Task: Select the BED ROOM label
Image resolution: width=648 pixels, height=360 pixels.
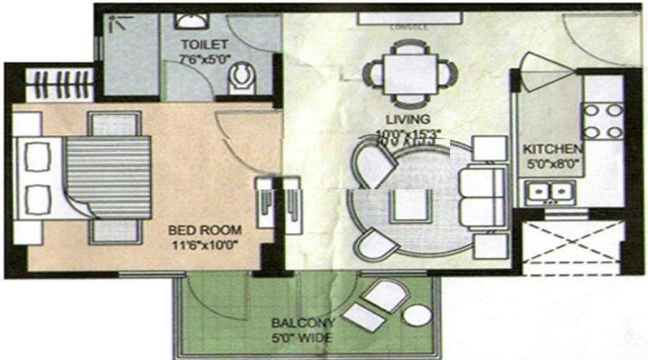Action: coord(205,230)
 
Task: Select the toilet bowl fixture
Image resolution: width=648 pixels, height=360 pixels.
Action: coord(240,78)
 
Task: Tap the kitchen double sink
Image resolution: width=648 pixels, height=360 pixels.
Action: coord(549,192)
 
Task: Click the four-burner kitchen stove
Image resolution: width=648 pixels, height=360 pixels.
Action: coord(603,120)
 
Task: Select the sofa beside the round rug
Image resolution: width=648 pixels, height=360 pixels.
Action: coord(483,196)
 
